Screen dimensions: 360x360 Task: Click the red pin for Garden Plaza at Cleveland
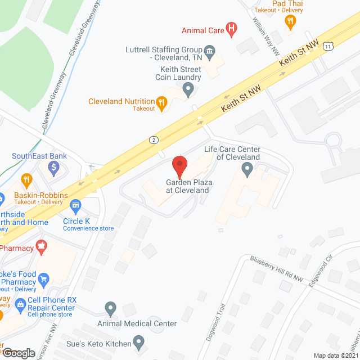pyautogui.click(x=179, y=166)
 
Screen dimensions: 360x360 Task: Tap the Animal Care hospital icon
pyautogui.click(x=231, y=30)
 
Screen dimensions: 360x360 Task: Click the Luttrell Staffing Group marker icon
pyautogui.click(x=209, y=53)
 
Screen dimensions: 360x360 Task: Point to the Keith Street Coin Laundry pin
pyautogui.click(x=188, y=88)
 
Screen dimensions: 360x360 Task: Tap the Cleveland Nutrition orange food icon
pyautogui.click(x=161, y=102)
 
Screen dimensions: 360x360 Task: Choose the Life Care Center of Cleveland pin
pyautogui.click(x=246, y=170)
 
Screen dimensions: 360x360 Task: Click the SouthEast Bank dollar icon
pyautogui.click(x=54, y=166)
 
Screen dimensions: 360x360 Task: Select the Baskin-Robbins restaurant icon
pyautogui.click(x=26, y=181)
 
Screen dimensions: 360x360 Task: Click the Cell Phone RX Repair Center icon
pyautogui.click(x=20, y=305)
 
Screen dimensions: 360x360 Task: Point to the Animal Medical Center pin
pyautogui.click(x=110, y=308)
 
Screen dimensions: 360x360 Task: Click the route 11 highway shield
pyautogui.click(x=327, y=47)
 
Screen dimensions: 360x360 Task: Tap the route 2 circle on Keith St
pyautogui.click(x=153, y=139)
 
